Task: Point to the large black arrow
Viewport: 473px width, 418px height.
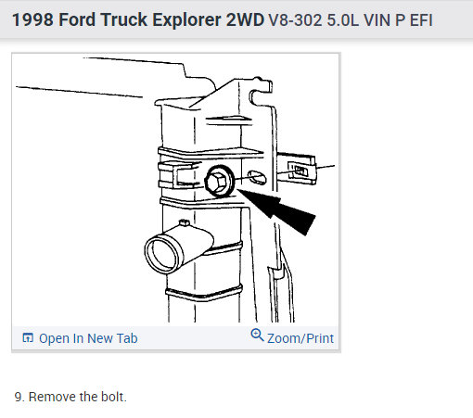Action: pyautogui.click(x=277, y=211)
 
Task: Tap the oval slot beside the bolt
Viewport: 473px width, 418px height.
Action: pyautogui.click(x=257, y=177)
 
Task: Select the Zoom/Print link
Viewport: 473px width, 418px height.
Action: pyautogui.click(x=300, y=338)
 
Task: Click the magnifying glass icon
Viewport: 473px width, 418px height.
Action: pyautogui.click(x=257, y=336)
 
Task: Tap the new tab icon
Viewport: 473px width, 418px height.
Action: pyautogui.click(x=28, y=338)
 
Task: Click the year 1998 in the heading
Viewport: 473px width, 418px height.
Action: pyautogui.click(x=32, y=19)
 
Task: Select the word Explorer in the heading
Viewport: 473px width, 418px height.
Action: pyautogui.click(x=187, y=19)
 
